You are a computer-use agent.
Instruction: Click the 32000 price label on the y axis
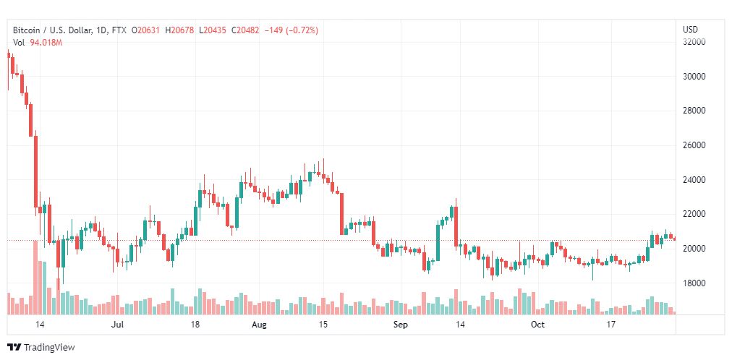tap(695, 42)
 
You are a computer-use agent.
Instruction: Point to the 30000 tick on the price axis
tap(695, 76)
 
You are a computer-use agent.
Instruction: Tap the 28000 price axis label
tap(695, 111)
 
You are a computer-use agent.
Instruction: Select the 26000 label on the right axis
tap(695, 145)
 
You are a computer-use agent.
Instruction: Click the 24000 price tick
tap(695, 179)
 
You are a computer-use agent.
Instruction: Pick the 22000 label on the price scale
tap(695, 214)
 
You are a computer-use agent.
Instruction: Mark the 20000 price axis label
tap(695, 249)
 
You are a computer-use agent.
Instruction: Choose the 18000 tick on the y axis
tap(695, 283)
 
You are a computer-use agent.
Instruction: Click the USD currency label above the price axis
tap(690, 30)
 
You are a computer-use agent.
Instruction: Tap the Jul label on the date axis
tap(119, 325)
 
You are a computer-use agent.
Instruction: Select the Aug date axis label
tap(258, 325)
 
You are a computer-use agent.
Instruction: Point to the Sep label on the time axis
tap(401, 325)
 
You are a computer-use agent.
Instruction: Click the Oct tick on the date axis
tap(537, 325)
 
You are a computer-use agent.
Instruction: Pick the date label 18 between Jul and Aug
tap(195, 325)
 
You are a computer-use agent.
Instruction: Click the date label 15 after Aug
tap(324, 325)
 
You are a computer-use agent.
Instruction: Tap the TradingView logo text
tap(49, 348)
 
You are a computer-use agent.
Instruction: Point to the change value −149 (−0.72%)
tap(292, 30)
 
